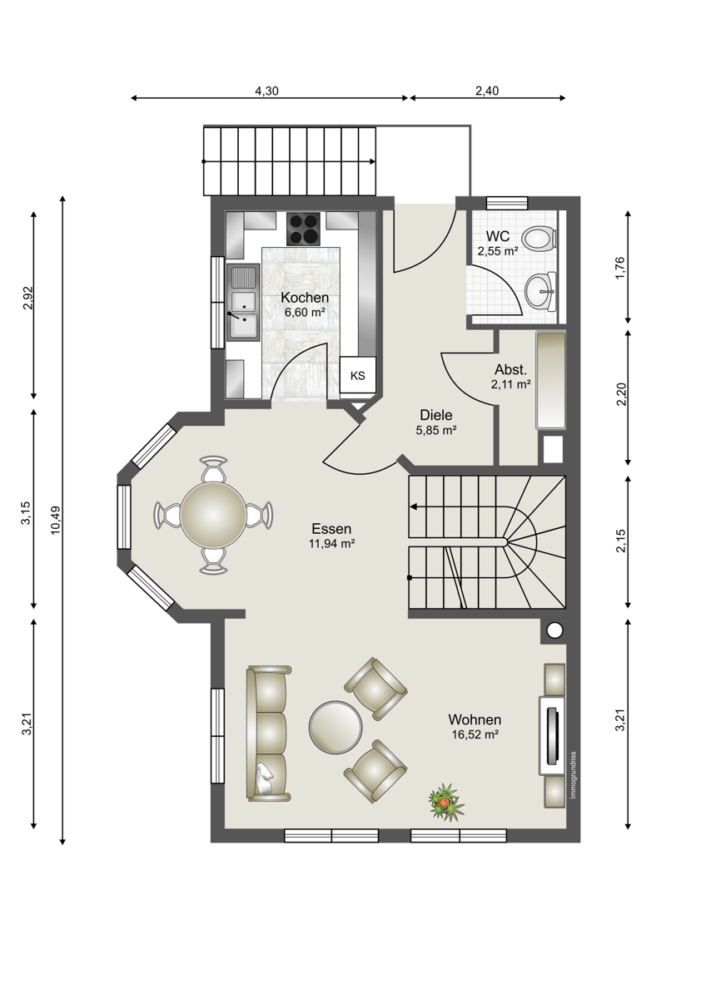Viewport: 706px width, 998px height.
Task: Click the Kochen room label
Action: [x=305, y=297]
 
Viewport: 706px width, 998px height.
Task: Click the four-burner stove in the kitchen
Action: [x=303, y=229]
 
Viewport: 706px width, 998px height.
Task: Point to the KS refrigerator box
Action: [x=358, y=375]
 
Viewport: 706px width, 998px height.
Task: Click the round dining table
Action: [x=213, y=515]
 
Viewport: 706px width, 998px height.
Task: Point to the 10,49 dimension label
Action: [x=57, y=520]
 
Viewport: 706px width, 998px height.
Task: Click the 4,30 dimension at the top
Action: [x=266, y=91]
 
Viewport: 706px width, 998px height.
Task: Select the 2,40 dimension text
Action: [x=487, y=91]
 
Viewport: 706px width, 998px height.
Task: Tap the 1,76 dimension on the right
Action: [x=620, y=267]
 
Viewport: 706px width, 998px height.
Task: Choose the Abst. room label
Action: [x=510, y=369]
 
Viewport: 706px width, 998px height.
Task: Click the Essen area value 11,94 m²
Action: [x=331, y=543]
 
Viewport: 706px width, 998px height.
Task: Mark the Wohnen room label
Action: [x=475, y=719]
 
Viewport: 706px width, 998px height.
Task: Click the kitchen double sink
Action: [x=243, y=303]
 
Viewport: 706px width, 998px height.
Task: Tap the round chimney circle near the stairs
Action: [x=554, y=630]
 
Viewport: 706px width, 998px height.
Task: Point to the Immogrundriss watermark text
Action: [x=574, y=775]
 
